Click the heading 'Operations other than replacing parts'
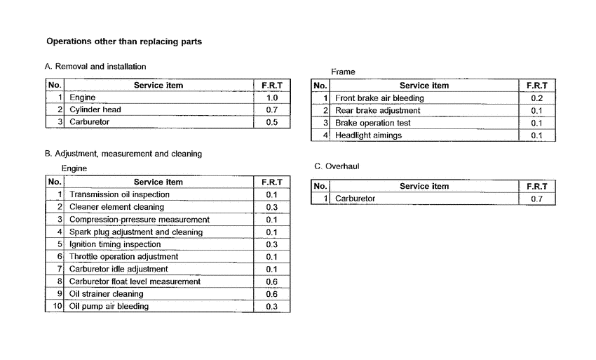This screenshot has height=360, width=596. click(x=123, y=41)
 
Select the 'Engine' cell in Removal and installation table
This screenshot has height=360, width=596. click(x=82, y=98)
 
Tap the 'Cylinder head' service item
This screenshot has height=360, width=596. click(x=95, y=109)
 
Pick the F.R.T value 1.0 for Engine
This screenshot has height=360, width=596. click(x=271, y=98)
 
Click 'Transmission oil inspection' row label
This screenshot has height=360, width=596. click(x=119, y=194)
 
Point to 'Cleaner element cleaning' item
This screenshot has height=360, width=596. click(x=116, y=207)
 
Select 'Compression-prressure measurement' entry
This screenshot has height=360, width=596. click(x=139, y=220)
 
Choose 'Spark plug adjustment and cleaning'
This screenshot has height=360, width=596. click(x=135, y=232)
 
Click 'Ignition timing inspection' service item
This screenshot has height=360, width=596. click(x=115, y=244)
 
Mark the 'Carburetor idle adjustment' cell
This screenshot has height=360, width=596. click(x=118, y=269)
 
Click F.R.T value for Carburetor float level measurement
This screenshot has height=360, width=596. click(x=271, y=281)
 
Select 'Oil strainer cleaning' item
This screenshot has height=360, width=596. click(x=106, y=294)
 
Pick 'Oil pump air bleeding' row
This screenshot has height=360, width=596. click(x=109, y=306)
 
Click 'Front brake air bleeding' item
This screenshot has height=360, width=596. click(x=379, y=98)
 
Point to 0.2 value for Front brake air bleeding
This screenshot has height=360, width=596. click(x=536, y=98)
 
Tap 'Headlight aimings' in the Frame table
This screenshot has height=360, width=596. click(x=368, y=135)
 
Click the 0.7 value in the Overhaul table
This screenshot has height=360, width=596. click(x=536, y=199)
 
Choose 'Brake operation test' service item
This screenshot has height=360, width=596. click(x=372, y=123)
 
